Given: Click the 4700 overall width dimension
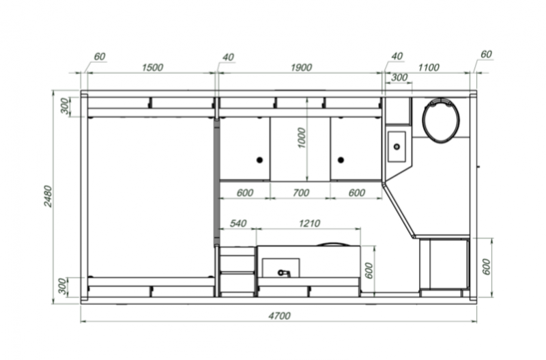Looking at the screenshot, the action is tap(279, 316).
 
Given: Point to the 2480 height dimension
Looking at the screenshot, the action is tap(48, 196).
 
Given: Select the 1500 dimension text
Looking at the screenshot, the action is tap(152, 67).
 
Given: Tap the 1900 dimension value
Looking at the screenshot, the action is tap(301, 67).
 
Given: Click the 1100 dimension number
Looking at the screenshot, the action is tap(429, 67).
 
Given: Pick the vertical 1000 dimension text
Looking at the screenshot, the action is tap(302, 138).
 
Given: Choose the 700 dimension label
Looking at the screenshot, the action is tap(301, 193).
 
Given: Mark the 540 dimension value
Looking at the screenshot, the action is tap(238, 223).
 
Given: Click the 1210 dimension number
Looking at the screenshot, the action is tap(310, 223).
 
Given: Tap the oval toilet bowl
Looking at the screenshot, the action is tap(441, 121).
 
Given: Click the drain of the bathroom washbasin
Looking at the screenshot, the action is tap(397, 147).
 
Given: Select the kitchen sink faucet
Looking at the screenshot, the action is tap(284, 273).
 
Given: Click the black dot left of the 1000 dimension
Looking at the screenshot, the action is tap(259, 160).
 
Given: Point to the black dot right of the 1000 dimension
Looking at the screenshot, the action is tap(341, 160).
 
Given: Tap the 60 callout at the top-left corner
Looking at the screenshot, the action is tap(100, 57).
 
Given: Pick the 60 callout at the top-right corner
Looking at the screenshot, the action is tap(486, 55).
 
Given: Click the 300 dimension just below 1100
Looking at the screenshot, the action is tap(399, 77).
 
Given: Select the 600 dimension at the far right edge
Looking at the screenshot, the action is tap(487, 266).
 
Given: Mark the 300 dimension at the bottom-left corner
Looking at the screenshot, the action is tap(62, 286).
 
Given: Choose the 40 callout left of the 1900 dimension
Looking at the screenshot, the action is tap(228, 57).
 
